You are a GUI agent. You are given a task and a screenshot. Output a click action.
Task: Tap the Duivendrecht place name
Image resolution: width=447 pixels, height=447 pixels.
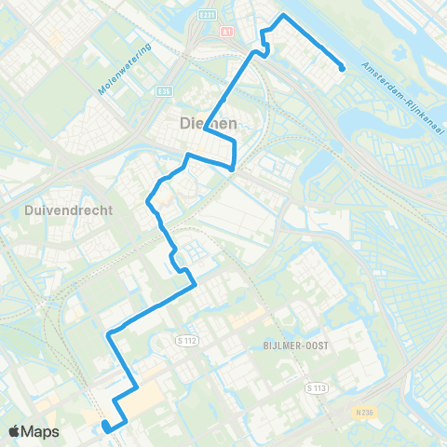click(x=59, y=210)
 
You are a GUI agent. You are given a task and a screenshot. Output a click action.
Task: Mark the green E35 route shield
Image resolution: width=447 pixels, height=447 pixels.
click(x=166, y=90)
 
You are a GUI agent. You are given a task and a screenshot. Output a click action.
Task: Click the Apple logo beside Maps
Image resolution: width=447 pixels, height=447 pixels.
click(x=15, y=431)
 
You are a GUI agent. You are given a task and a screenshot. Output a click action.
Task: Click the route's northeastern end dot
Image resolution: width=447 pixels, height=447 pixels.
click(x=342, y=67)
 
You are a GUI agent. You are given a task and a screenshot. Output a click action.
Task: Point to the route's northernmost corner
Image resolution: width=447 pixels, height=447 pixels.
click(x=283, y=16)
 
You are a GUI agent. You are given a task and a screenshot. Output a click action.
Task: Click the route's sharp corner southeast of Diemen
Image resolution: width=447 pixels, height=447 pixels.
click(x=232, y=169)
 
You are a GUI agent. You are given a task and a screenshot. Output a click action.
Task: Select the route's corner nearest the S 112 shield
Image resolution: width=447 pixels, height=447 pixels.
click(x=194, y=286)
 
